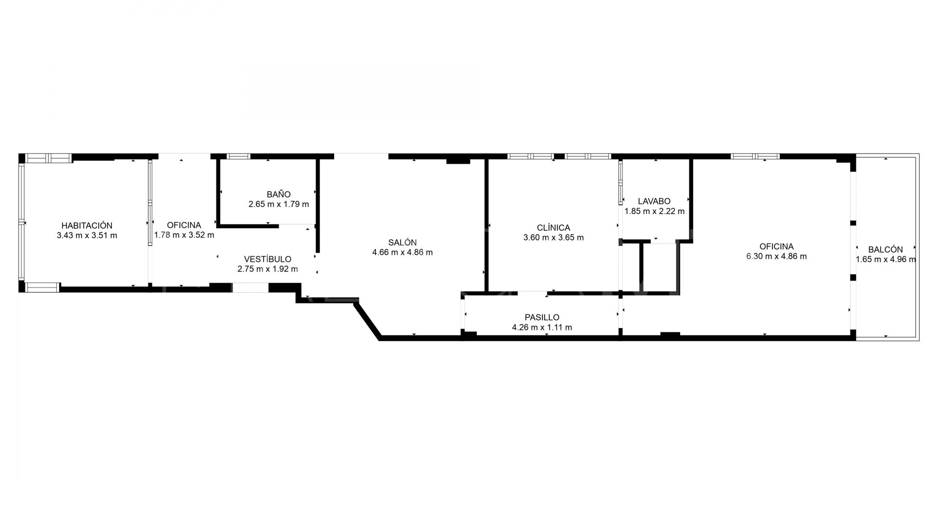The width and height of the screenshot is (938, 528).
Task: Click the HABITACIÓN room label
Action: pos(87,225)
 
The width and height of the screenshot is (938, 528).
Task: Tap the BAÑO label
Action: pos(278,194)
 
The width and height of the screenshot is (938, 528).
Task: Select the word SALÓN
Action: pos(402,242)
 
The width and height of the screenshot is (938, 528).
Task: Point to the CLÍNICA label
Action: pos(553,228)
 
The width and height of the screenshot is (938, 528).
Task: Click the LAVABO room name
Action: pos(654,201)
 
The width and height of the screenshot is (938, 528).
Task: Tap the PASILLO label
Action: pos(542,317)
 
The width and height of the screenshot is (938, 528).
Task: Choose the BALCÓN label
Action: pos(885,249)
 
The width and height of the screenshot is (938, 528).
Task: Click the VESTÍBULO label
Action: pos(267,259)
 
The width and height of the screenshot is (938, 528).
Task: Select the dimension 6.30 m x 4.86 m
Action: pos(776,256)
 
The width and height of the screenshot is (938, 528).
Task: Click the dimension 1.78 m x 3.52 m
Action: pos(184,235)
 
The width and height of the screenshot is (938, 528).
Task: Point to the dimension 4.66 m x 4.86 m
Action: pos(402,252)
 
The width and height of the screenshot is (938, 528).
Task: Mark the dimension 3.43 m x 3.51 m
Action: pos(87,235)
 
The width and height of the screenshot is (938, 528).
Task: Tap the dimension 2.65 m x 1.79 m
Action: pos(278,204)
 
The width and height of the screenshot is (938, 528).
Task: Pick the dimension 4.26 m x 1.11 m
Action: pos(542,327)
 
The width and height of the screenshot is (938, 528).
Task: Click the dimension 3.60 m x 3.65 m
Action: pos(553,238)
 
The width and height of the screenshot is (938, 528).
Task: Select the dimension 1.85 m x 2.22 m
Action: pos(654,211)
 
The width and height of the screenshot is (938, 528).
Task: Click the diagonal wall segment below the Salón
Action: pos(368,321)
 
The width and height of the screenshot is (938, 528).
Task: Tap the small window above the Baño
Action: pos(238,156)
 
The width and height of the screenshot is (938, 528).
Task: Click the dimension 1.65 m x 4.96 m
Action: pos(885,260)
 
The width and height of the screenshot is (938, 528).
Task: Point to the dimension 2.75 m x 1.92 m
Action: pos(267,269)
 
